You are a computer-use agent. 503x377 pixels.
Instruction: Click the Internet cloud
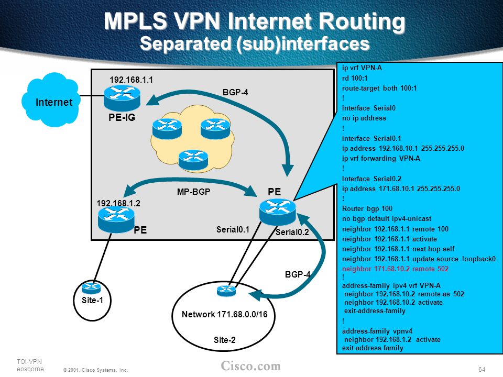click(51, 100)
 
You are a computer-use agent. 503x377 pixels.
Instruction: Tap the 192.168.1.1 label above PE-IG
click(131, 80)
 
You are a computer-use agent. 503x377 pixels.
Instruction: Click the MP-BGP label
click(193, 192)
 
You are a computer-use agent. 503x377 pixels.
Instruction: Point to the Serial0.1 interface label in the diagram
click(233, 229)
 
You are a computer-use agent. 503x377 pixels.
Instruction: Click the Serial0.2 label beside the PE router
click(292, 232)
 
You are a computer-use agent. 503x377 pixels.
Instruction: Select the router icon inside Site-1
click(91, 287)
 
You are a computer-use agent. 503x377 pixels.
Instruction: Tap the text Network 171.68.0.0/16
click(225, 314)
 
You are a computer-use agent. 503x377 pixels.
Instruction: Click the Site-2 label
click(225, 340)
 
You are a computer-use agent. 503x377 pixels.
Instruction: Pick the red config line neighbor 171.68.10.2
click(395, 269)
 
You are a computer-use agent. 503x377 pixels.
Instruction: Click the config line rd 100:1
click(355, 78)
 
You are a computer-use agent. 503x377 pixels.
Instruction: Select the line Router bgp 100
click(367, 208)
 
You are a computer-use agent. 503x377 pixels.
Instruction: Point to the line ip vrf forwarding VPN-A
click(381, 158)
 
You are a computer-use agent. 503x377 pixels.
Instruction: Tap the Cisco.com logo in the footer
click(250, 366)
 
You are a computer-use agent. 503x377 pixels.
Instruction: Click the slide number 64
click(482, 369)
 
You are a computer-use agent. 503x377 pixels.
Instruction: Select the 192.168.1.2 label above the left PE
click(118, 203)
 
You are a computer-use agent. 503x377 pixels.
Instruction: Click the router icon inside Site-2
click(226, 291)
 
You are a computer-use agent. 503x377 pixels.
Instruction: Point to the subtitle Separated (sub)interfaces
click(255, 43)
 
